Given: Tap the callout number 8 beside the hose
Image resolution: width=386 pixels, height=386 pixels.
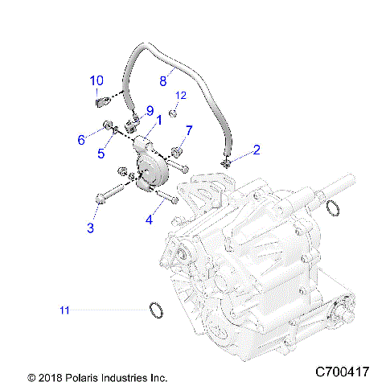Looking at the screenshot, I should tap(162, 80).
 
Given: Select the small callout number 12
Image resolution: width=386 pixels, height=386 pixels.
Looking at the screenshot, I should tap(181, 96).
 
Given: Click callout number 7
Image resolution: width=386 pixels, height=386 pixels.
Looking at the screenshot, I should tap(189, 130).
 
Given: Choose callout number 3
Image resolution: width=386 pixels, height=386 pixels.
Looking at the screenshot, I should tap(91, 228).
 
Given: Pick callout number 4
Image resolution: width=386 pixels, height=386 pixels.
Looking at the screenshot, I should tap(150, 219).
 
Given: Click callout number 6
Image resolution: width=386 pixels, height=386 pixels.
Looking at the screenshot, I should tap(81, 140).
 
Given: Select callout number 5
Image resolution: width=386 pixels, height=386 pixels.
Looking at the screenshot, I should tap(101, 153).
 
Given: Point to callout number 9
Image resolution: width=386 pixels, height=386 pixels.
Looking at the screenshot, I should tap(149, 110).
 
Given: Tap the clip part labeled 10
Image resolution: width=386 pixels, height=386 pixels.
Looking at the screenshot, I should tap(101, 101).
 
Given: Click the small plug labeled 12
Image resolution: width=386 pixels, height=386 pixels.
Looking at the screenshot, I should tap(172, 113).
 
